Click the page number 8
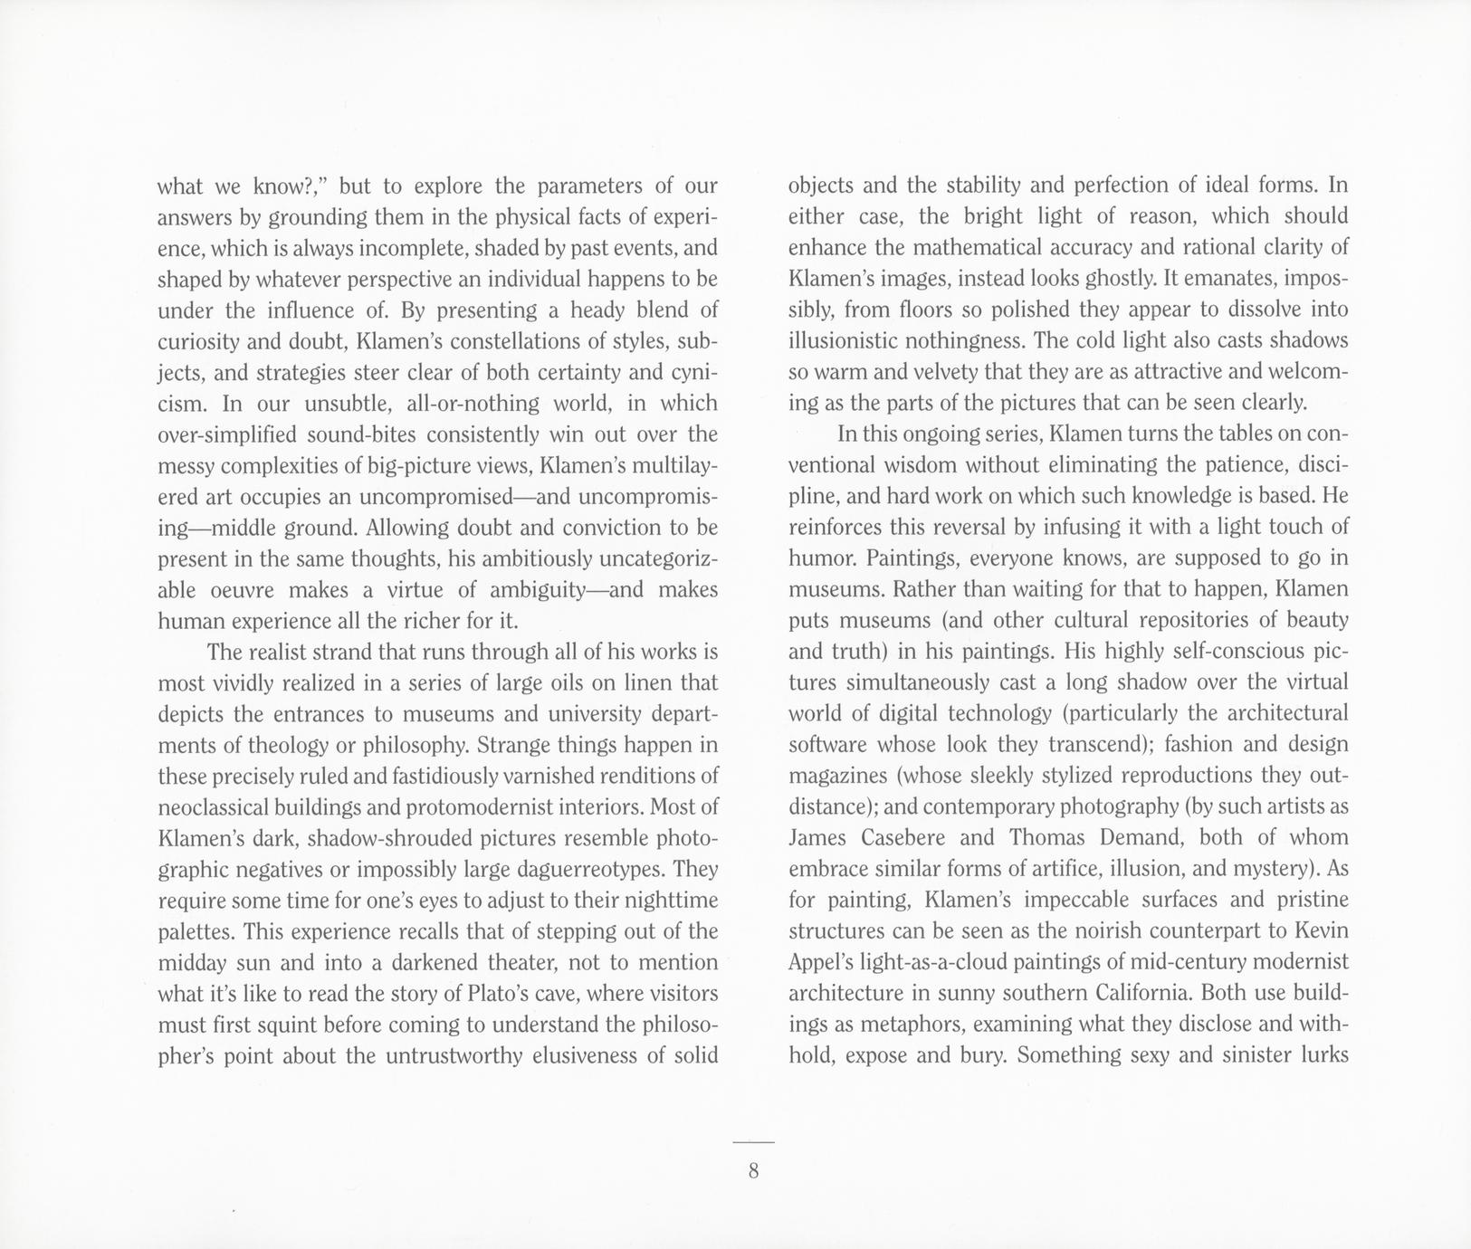pos(753,1171)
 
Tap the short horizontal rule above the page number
pos(753,1144)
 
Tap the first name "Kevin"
pos(1320,930)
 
